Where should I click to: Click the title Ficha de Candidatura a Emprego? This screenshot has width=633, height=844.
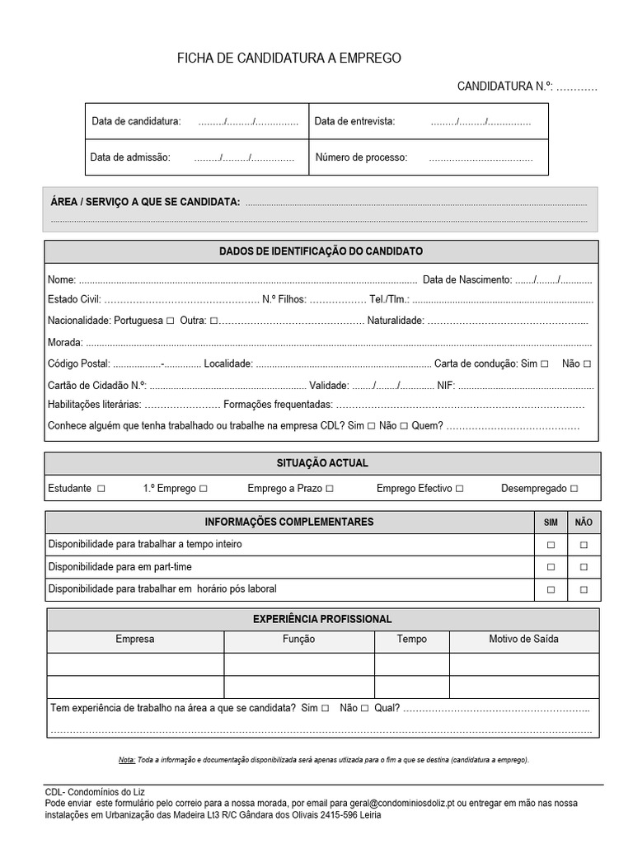(x=289, y=59)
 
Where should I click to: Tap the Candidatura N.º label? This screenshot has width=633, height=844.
(x=504, y=86)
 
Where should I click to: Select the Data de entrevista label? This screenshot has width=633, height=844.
(x=354, y=122)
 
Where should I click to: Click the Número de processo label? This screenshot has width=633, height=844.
(x=361, y=157)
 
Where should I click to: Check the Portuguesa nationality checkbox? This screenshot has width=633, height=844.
(x=170, y=320)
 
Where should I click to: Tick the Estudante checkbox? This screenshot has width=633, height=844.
(x=101, y=489)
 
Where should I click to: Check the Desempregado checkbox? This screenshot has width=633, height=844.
(x=574, y=489)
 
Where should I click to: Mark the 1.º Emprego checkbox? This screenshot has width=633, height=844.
(x=203, y=489)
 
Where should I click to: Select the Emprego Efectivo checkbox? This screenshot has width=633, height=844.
(x=459, y=489)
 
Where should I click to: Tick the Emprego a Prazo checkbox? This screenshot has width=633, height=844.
(x=330, y=489)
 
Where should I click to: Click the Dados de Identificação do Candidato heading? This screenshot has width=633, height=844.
(x=321, y=251)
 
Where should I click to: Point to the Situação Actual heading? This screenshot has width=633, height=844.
(x=321, y=463)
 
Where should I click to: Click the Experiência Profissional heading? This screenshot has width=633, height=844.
(x=321, y=619)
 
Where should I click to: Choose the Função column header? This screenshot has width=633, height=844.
(x=299, y=639)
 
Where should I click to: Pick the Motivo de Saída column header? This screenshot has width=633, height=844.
(x=523, y=639)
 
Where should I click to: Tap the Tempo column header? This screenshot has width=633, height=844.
(x=411, y=639)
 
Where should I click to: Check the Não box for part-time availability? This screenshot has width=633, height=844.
(x=584, y=567)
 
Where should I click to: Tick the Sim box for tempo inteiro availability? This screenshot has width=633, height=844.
(x=551, y=545)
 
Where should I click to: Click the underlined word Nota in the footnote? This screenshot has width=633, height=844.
(x=126, y=760)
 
